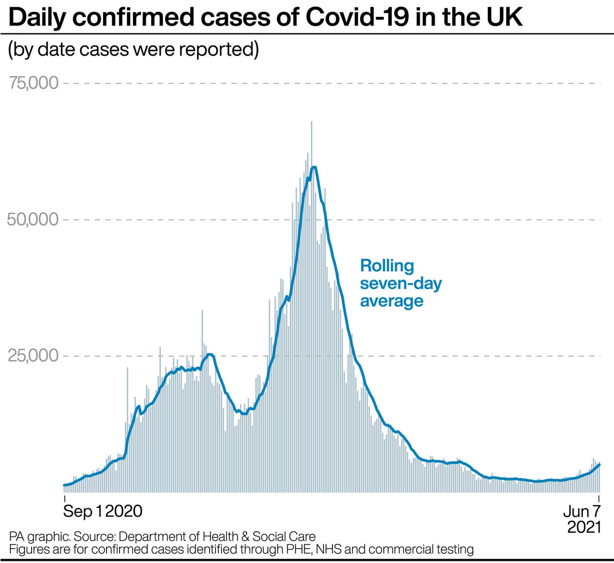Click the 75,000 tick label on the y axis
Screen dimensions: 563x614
point(33,83)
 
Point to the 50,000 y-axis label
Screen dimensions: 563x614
point(33,220)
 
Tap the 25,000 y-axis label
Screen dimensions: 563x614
point(33,356)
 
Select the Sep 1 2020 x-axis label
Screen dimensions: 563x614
point(103,511)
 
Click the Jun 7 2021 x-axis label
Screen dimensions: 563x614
point(582,519)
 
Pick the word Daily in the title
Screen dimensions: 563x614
point(38,17)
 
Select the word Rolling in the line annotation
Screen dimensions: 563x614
point(387,266)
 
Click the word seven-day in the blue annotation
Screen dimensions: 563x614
point(401,283)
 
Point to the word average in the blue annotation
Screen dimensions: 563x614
point(391,301)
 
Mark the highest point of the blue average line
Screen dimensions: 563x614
point(314,167)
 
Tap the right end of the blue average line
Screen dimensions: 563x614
point(600,464)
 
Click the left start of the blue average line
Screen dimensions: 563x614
point(64,485)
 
